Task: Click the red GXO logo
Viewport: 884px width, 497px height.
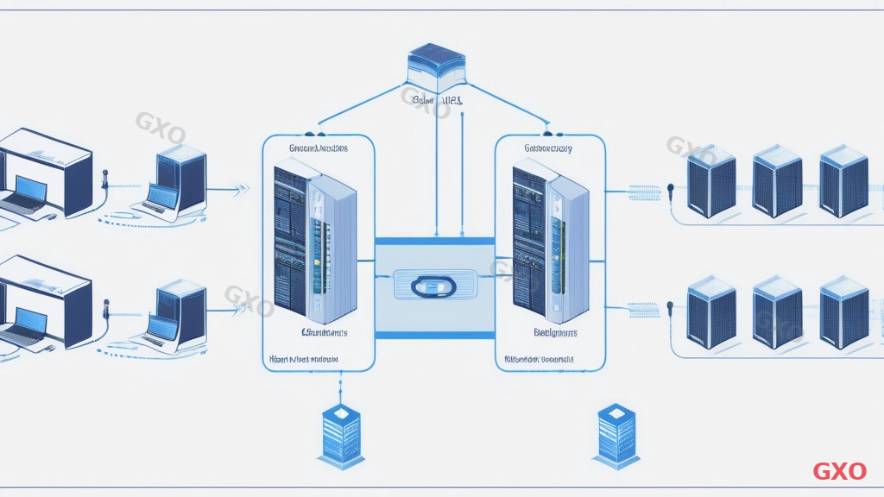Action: [839, 471]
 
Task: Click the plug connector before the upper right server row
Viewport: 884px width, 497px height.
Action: [669, 187]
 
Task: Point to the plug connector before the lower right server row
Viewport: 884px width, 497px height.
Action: [669, 305]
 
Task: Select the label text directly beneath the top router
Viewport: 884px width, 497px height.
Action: [438, 101]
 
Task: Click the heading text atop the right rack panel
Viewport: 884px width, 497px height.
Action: [547, 148]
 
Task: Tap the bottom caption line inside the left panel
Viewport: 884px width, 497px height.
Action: [304, 358]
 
